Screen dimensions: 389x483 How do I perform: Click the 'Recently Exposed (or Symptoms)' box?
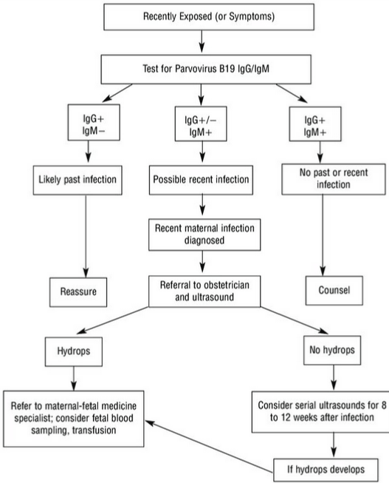(x=209, y=17)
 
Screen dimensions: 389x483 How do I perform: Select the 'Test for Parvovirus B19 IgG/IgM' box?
(x=206, y=70)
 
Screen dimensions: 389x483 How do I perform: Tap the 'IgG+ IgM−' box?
(x=94, y=123)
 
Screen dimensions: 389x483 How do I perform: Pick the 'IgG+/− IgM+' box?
(x=201, y=124)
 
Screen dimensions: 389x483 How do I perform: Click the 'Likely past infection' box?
(x=78, y=180)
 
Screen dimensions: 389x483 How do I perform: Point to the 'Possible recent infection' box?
(x=201, y=180)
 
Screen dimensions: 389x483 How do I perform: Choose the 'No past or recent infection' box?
(x=334, y=179)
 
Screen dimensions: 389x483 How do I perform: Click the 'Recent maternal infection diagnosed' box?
(x=204, y=234)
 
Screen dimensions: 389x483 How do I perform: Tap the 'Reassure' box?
(x=78, y=292)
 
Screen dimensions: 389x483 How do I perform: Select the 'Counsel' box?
(x=334, y=291)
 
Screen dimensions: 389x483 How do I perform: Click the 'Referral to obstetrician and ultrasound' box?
(x=204, y=291)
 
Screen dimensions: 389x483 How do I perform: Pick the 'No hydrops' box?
(x=332, y=351)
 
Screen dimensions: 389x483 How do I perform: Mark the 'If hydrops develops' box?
(x=326, y=470)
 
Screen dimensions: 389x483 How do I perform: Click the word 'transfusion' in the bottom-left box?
(x=94, y=430)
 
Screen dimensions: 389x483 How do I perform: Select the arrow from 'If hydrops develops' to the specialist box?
(x=209, y=447)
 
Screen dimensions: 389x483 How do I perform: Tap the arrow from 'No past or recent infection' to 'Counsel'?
(x=323, y=235)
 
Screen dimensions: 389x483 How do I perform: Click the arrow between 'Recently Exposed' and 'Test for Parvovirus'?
(x=202, y=41)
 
